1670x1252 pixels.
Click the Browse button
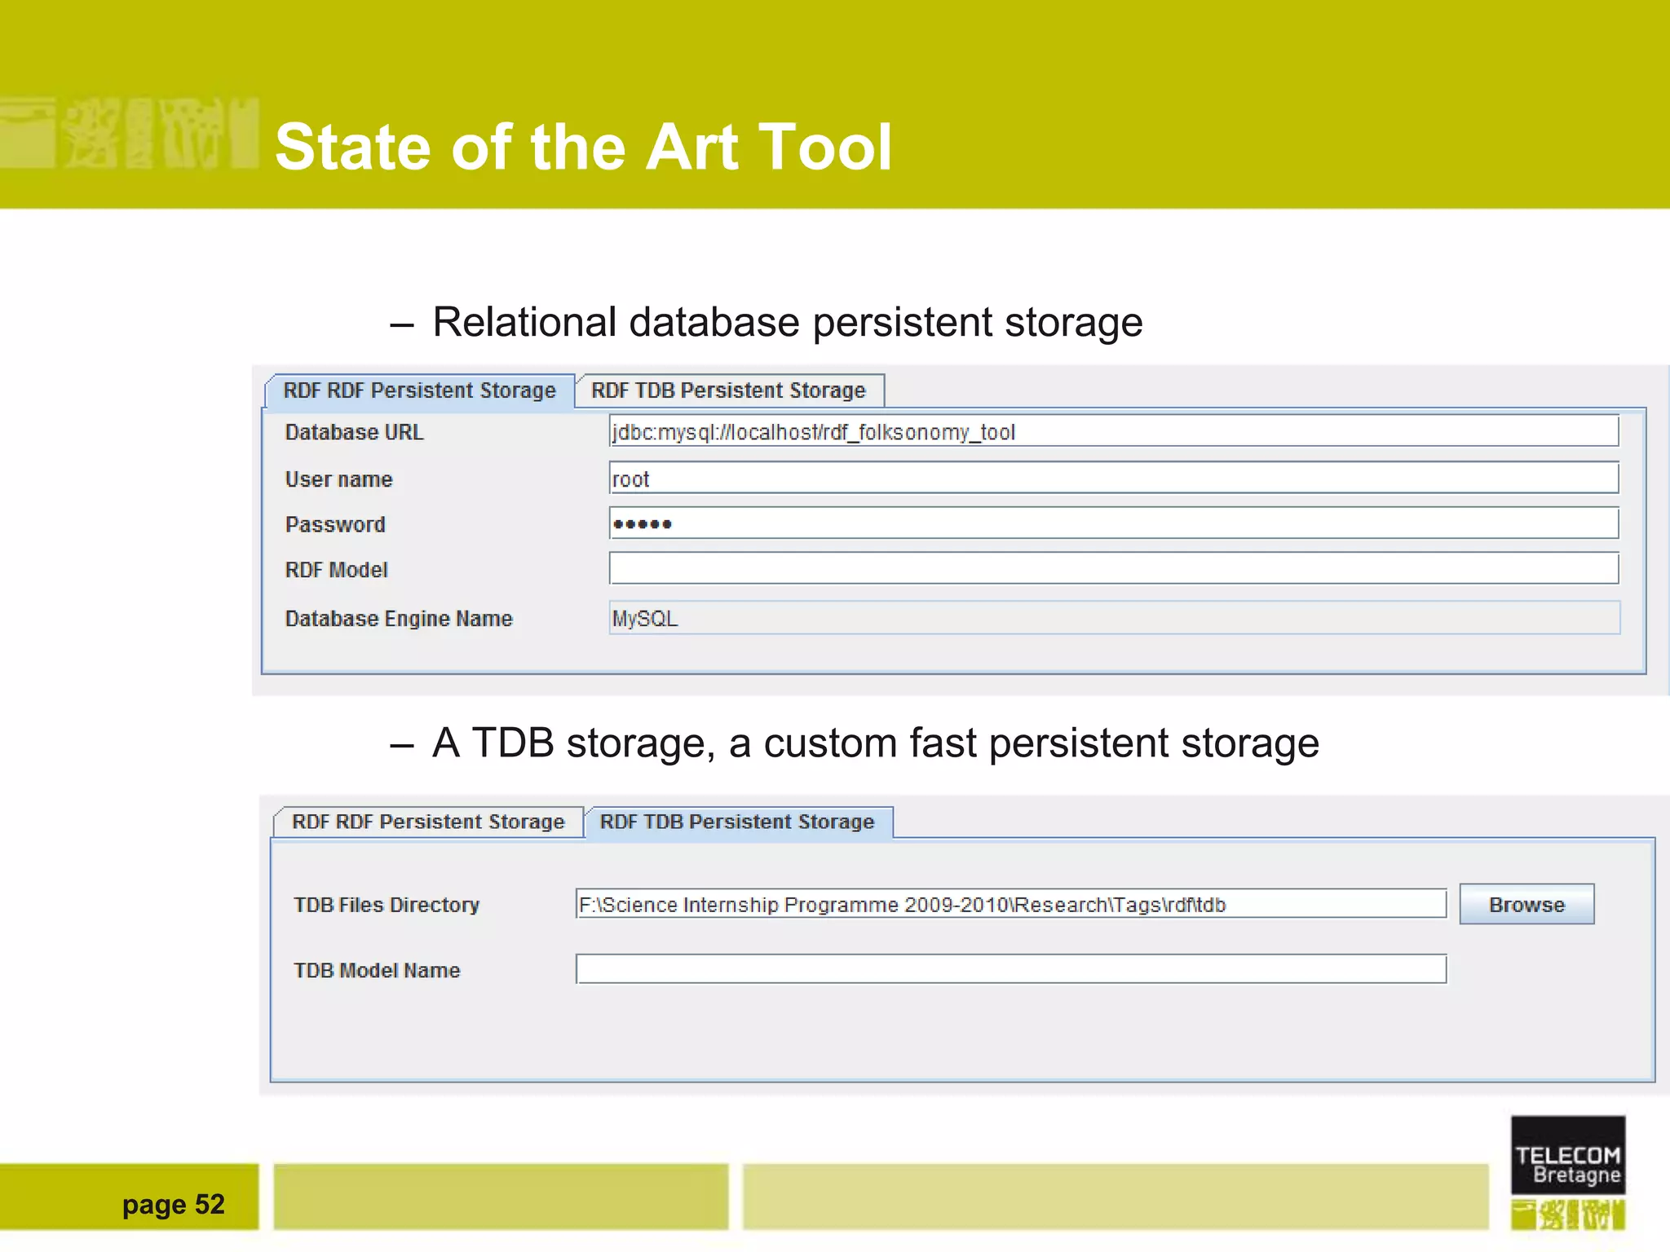(1526, 904)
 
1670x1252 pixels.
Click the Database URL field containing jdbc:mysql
(1113, 431)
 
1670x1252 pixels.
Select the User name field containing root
(1113, 478)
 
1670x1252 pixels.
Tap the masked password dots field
(1113, 523)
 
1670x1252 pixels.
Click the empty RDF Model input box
(1113, 569)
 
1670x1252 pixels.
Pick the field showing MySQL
(1113, 618)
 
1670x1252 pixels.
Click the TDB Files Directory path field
(1010, 904)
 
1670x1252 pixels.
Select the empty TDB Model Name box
(1010, 969)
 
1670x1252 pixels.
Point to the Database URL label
(354, 432)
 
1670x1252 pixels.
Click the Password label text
(335, 524)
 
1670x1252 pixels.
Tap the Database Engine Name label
(399, 619)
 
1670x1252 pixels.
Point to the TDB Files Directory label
(387, 905)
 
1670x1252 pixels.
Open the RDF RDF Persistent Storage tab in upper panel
(419, 390)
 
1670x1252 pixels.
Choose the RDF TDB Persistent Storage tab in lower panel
(737, 822)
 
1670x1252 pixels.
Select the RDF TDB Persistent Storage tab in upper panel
(728, 390)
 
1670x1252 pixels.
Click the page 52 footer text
(173, 1204)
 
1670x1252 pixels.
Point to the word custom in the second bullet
(829, 743)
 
